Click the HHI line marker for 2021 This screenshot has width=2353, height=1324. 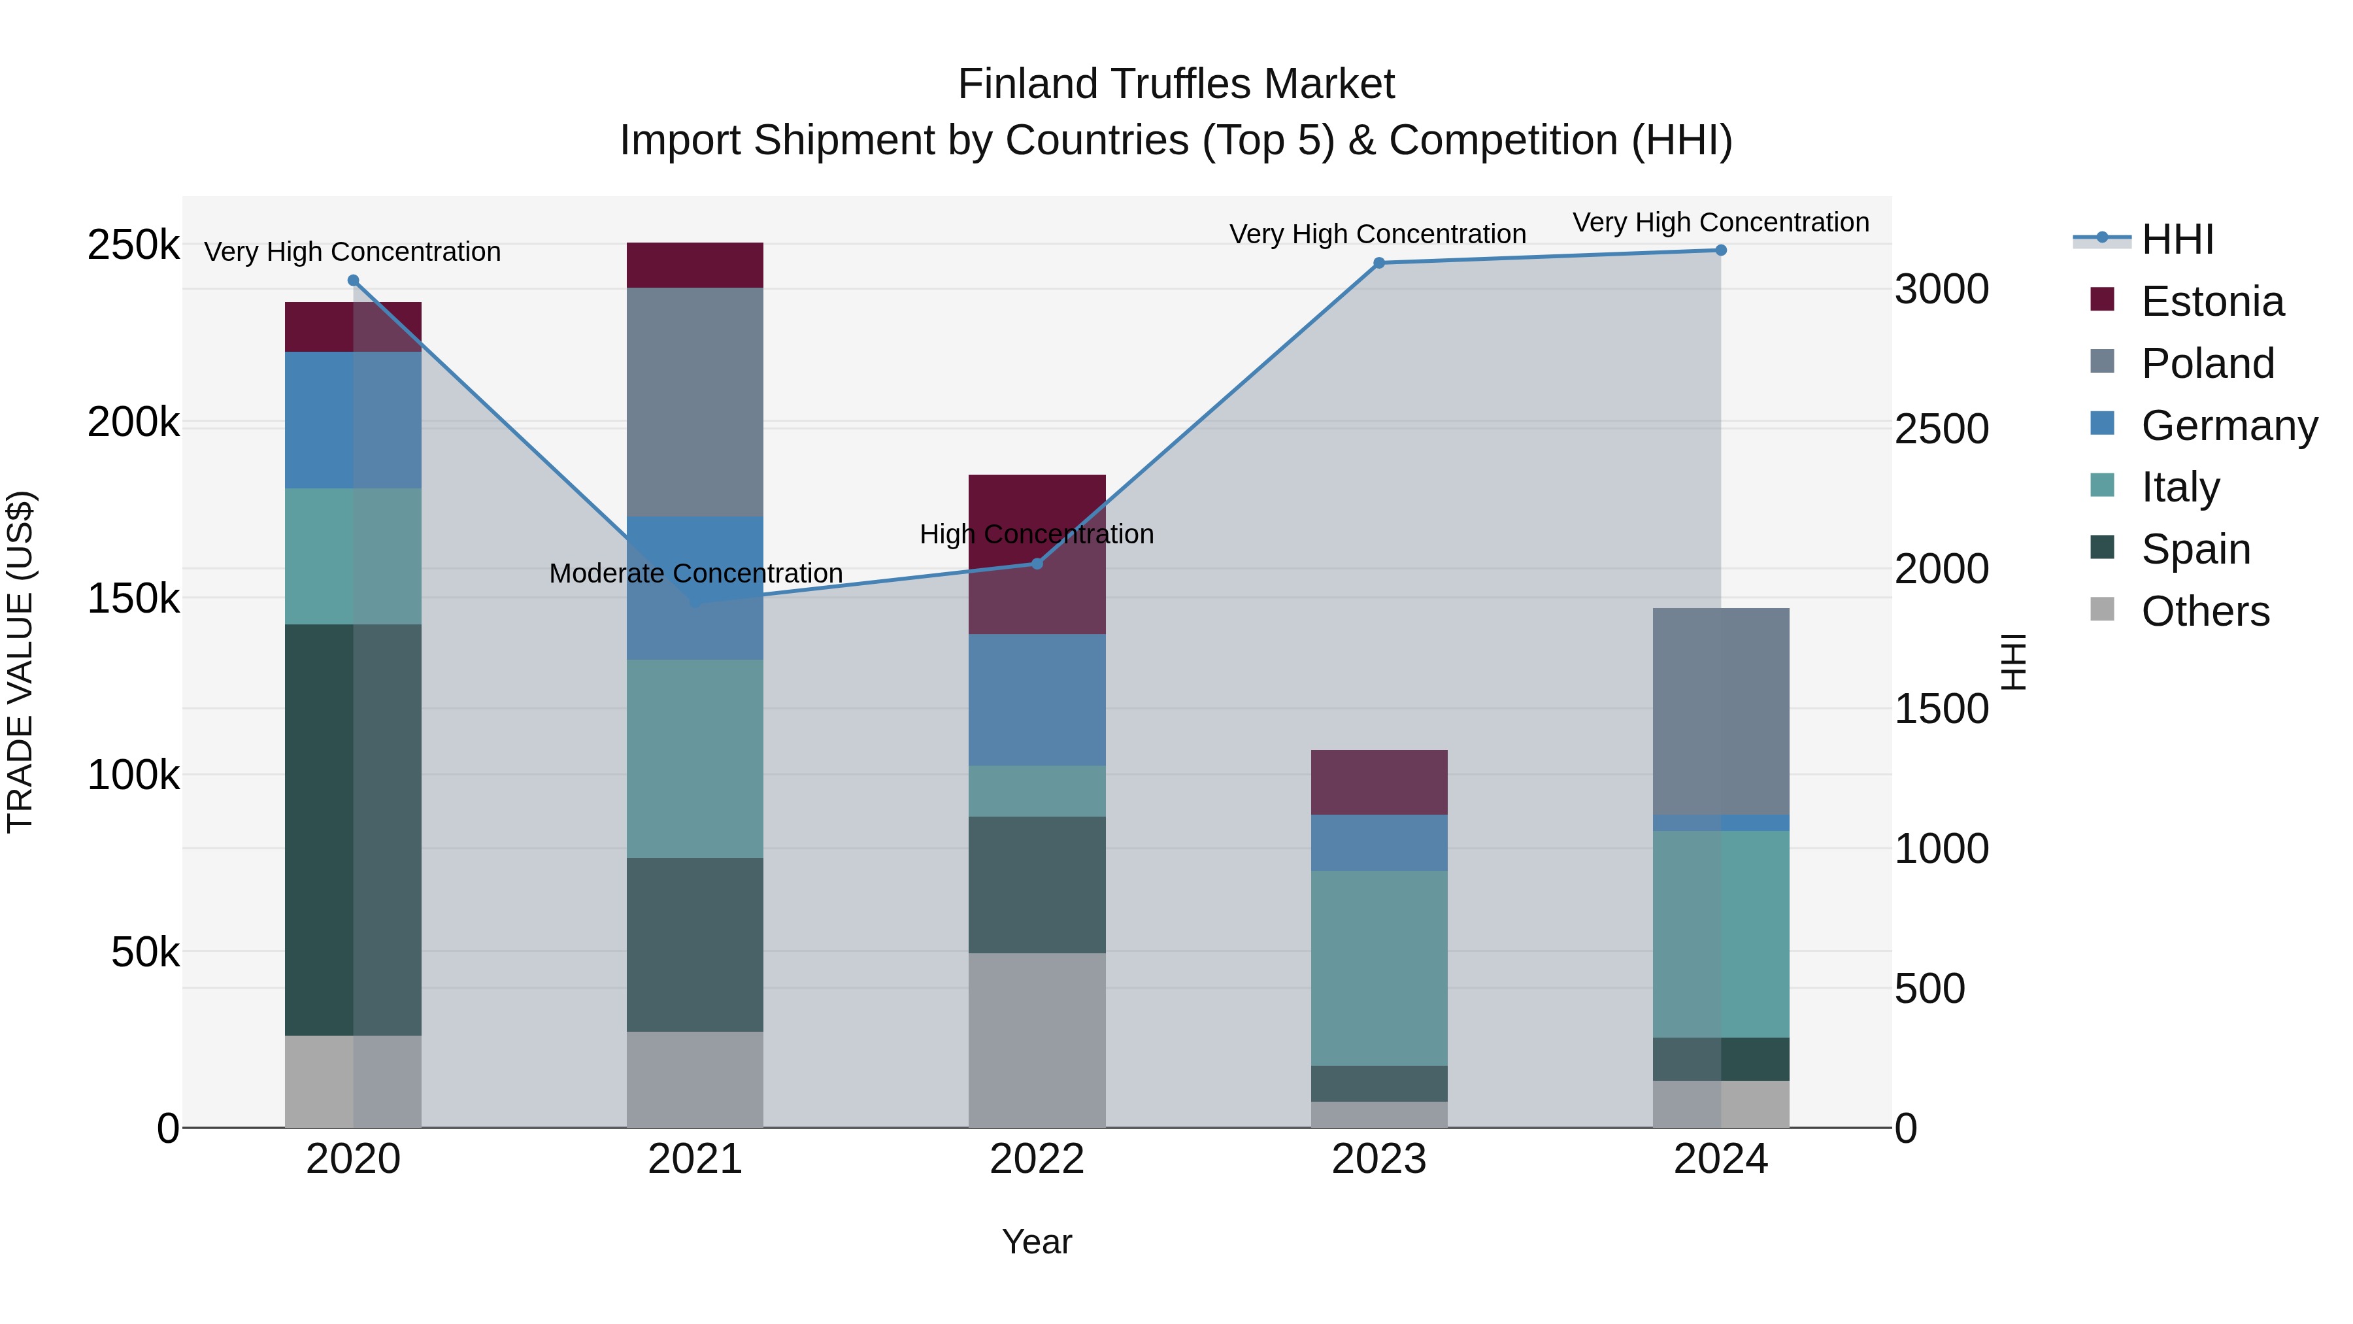pos(695,603)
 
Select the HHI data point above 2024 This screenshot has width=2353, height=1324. pos(1720,250)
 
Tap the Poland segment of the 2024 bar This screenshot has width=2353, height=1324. pos(1720,711)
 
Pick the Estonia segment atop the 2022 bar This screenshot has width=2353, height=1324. pos(1037,554)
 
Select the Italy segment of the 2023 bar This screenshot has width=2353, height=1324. pos(1378,968)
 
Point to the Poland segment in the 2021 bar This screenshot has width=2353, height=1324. pos(695,402)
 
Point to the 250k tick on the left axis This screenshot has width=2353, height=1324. pos(133,245)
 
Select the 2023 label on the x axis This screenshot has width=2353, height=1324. pos(1378,1159)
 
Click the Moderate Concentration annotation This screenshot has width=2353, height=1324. pos(695,573)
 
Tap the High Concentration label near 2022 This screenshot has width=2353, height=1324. pos(1037,534)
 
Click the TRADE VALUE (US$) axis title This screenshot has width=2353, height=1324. pos(20,662)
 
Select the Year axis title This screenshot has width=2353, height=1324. pos(1037,1242)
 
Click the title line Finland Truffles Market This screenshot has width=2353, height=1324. pos(1176,84)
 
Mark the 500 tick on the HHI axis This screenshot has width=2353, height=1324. pos(1929,989)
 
